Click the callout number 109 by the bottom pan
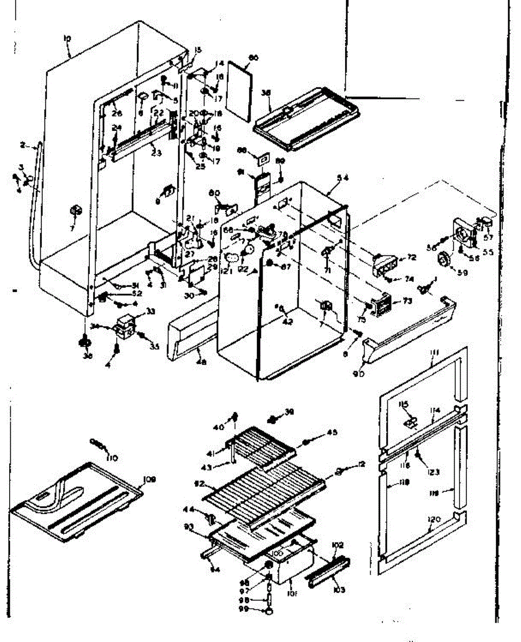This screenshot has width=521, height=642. point(150,480)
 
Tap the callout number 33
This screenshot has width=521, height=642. point(136,311)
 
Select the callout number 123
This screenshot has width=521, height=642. point(433,472)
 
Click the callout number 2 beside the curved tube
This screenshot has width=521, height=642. point(24,145)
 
